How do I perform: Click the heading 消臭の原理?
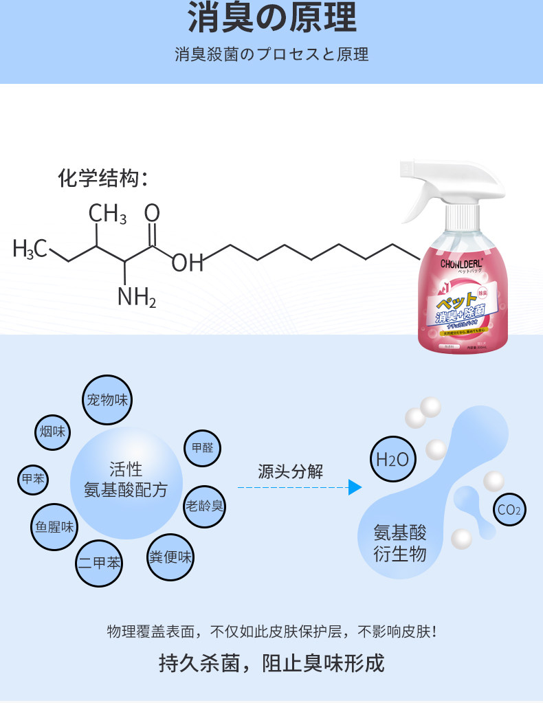[271, 19]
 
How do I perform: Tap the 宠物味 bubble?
[107, 399]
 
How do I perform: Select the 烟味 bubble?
[52, 432]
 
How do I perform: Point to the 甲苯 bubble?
[32, 479]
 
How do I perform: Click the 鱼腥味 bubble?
[54, 527]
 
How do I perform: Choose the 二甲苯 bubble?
[98, 563]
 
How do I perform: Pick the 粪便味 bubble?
[170, 557]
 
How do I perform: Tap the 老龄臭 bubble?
[204, 506]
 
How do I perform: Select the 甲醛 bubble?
[202, 448]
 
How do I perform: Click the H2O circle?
[392, 458]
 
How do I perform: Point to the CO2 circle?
[510, 509]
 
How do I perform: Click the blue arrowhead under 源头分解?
[355, 488]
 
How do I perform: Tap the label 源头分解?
[290, 471]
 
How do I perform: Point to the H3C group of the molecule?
[30, 249]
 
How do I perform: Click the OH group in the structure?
[187, 263]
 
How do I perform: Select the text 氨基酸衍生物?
[400, 543]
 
